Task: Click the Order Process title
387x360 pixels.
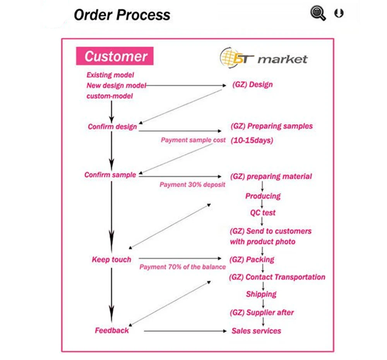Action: pyautogui.click(x=122, y=15)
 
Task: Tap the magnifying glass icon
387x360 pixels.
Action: pyautogui.click(x=318, y=13)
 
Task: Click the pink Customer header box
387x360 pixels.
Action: pyautogui.click(x=115, y=56)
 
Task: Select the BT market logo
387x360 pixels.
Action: pyautogui.click(x=264, y=58)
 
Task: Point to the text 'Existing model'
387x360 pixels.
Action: pyautogui.click(x=110, y=75)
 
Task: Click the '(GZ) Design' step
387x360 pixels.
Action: pyautogui.click(x=252, y=84)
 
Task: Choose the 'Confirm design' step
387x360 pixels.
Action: pyautogui.click(x=112, y=127)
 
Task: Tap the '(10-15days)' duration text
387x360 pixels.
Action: pyautogui.click(x=252, y=140)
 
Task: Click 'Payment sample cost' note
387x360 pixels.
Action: pyautogui.click(x=193, y=140)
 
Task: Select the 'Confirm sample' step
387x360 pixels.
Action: pyautogui.click(x=110, y=175)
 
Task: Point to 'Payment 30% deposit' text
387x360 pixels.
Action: pyautogui.click(x=192, y=184)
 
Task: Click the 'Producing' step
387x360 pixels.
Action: pyautogui.click(x=263, y=196)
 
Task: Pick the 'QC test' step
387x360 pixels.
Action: pyautogui.click(x=263, y=213)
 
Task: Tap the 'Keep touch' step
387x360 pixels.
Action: pyautogui.click(x=111, y=259)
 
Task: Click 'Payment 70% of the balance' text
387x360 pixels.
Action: pyautogui.click(x=183, y=267)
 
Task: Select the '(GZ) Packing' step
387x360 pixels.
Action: pyautogui.click(x=252, y=259)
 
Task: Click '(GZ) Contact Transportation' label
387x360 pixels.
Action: pyautogui.click(x=277, y=277)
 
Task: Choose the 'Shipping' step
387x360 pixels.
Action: pyautogui.click(x=261, y=294)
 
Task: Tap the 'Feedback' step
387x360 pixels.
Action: pyautogui.click(x=112, y=330)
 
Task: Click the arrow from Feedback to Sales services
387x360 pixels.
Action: pyautogui.click(x=185, y=331)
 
